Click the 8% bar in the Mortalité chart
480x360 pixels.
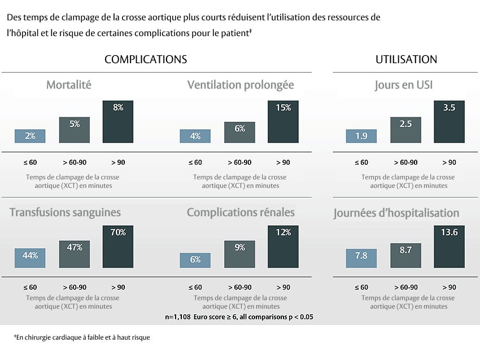point(118,122)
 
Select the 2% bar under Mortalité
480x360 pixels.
point(30,136)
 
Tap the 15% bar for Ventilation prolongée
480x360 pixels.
point(283,122)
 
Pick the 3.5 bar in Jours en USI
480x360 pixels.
point(449,122)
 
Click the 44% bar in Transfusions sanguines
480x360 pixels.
point(30,258)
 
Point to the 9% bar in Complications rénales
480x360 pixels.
point(239,254)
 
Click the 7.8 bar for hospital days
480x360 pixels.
point(361,258)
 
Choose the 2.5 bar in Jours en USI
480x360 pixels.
point(405,130)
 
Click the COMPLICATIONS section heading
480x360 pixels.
point(146,60)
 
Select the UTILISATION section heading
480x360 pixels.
point(406,60)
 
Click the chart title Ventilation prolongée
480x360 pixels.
point(241,85)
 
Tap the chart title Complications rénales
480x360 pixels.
point(241,213)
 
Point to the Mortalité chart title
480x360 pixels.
point(68,85)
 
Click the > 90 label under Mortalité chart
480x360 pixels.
point(118,163)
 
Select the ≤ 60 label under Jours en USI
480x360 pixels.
point(361,163)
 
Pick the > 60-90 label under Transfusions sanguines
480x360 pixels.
point(74,287)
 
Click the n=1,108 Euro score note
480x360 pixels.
point(239,317)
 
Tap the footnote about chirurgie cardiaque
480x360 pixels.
point(82,337)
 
